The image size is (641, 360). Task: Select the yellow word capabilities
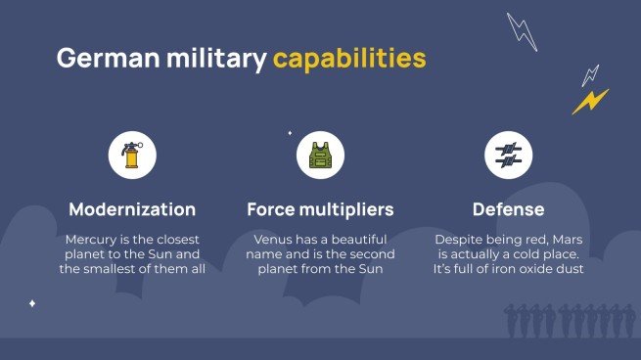coord(349,59)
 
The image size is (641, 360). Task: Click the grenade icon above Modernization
coord(132,155)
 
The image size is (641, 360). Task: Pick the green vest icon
coord(320,155)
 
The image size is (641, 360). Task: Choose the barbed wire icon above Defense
coord(508,155)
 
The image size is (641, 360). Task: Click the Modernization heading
coord(132,209)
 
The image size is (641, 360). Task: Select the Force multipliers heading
coord(320,209)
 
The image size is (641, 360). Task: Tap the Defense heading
coord(508,209)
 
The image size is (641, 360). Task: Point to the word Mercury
coord(94,240)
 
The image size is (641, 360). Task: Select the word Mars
coord(567,240)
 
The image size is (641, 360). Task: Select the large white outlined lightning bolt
coord(522,31)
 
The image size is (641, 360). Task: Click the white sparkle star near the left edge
coord(32,303)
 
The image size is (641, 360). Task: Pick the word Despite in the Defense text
coord(460,240)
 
